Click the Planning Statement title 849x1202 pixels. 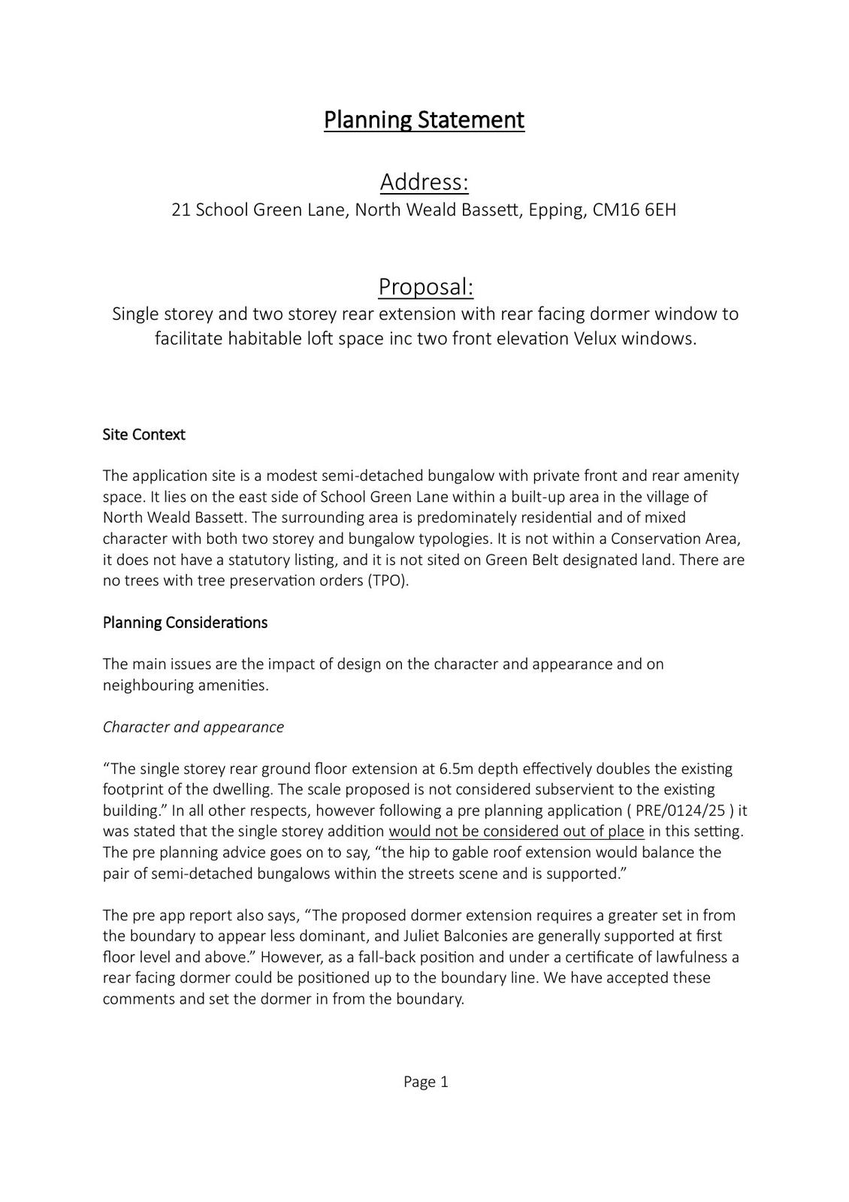424,119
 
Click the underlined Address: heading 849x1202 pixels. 424,182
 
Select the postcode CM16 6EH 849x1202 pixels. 634,210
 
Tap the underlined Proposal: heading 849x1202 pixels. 425,286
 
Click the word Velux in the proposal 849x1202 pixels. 595,339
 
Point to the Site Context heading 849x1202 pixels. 144,435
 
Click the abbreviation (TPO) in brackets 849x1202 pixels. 388,581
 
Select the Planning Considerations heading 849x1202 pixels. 185,623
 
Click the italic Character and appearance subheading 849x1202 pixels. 193,727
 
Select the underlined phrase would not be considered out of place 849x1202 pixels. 516,832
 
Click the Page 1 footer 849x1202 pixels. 425,1082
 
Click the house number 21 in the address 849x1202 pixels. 180,210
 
